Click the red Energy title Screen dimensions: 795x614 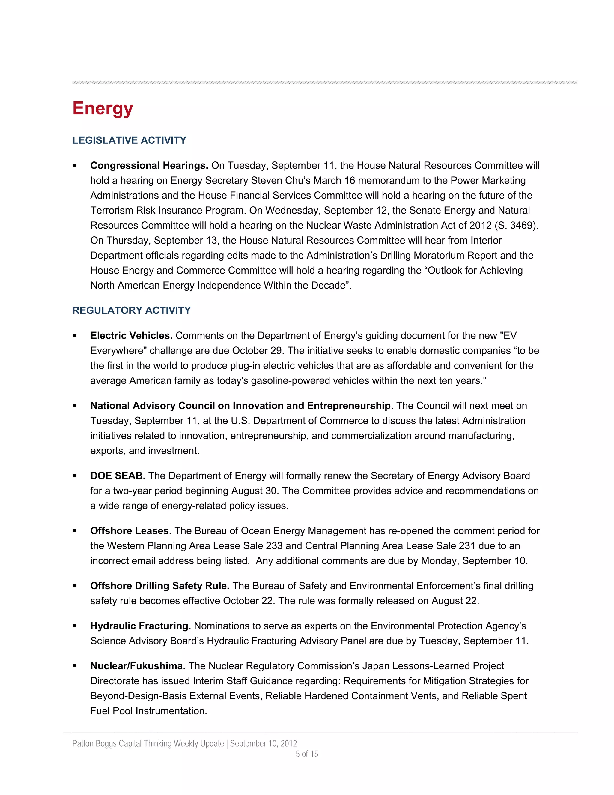point(103,109)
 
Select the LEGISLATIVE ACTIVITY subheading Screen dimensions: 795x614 point(129,140)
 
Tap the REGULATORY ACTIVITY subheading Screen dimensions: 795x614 point(131,310)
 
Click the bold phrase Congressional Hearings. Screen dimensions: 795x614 point(149,166)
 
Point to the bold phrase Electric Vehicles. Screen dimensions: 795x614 point(131,336)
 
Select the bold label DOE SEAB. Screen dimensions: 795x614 point(118,476)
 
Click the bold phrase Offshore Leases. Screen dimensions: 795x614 point(131,531)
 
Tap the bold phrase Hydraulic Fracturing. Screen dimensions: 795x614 point(140,626)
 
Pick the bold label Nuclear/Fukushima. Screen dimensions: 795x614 point(138,666)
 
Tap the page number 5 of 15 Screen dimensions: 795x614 point(307,754)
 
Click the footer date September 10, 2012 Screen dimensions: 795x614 point(263,743)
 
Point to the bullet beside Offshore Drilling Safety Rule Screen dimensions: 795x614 point(75,586)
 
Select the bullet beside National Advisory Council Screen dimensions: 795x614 point(75,406)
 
